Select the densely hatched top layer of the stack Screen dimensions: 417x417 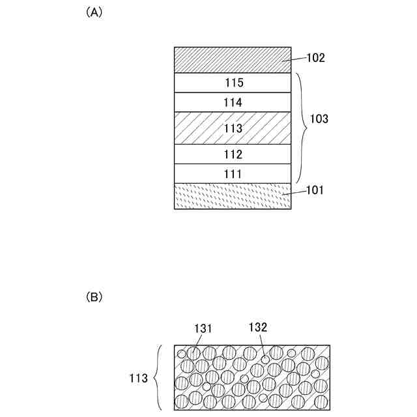[x=232, y=60]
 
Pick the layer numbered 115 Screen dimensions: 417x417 [x=232, y=83]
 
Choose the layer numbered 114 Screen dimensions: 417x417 [x=232, y=102]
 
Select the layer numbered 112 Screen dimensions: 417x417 [x=232, y=154]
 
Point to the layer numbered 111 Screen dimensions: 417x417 [x=232, y=174]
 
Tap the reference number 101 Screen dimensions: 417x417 [x=314, y=191]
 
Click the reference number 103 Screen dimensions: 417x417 [x=319, y=120]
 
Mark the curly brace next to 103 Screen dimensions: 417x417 [x=301, y=128]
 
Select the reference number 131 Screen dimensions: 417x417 [x=203, y=330]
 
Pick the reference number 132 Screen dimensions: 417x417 [x=258, y=328]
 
